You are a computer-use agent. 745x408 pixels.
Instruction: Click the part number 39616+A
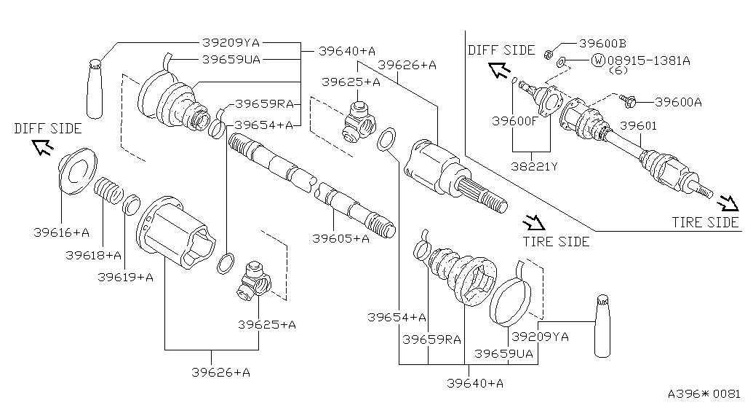pyautogui.click(x=61, y=232)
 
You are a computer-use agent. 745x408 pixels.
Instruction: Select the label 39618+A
pyautogui.click(x=93, y=255)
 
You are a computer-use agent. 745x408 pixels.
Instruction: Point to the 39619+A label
pyautogui.click(x=124, y=277)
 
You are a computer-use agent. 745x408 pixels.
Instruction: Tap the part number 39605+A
pyautogui.click(x=341, y=238)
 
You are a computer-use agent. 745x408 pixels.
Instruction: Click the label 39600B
pyautogui.click(x=603, y=44)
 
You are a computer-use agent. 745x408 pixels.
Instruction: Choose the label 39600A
pyautogui.click(x=678, y=102)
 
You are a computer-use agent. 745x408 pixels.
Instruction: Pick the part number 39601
pyautogui.click(x=638, y=125)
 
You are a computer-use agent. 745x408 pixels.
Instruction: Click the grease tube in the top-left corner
pyautogui.click(x=95, y=87)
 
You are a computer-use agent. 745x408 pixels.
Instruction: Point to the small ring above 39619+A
pyautogui.click(x=132, y=204)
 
